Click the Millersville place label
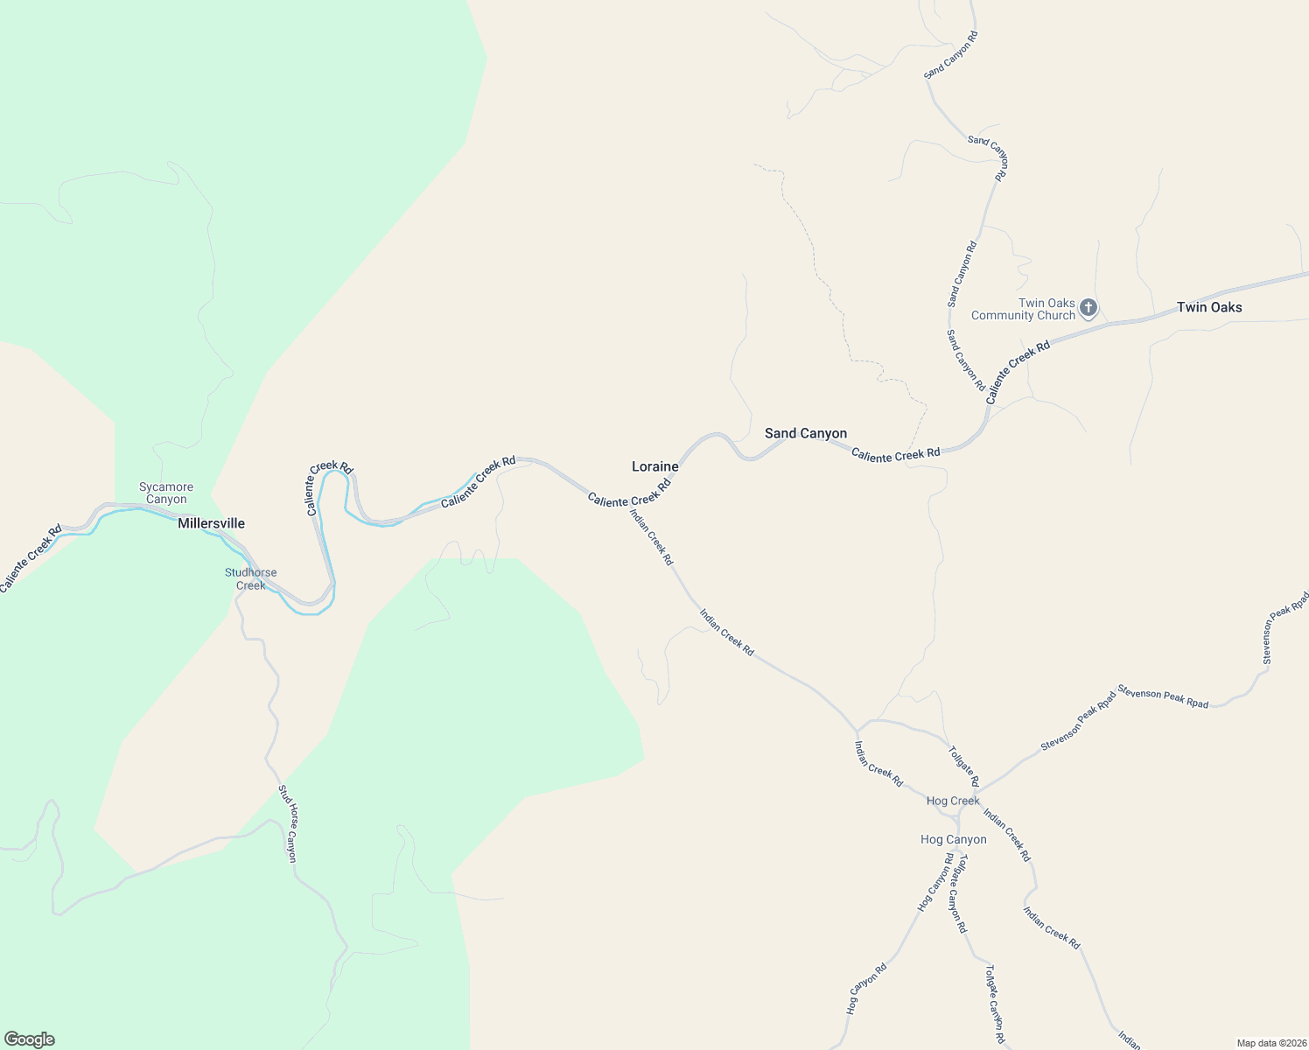pos(211,523)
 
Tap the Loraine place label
pos(654,466)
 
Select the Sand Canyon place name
pos(805,433)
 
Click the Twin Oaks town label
pos(1208,307)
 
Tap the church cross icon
pos(1088,308)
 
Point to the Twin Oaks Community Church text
pos(1023,310)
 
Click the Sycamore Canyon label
pos(166,493)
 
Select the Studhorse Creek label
pos(250,579)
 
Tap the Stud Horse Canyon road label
pos(288,823)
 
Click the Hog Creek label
pos(953,801)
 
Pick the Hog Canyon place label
pos(953,839)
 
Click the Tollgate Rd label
pos(963,766)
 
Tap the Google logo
pos(30,1039)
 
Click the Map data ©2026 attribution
pos(1270,1043)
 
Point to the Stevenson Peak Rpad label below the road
pos(1163,697)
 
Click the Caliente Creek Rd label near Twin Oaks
pos(1018,373)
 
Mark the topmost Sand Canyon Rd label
pos(951,55)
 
